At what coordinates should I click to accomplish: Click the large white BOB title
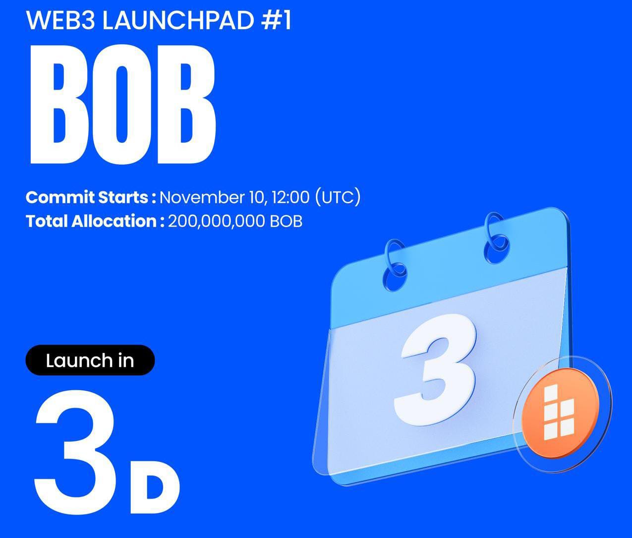[123, 105]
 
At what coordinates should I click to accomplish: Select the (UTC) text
[338, 197]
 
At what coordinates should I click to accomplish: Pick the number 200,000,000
[216, 221]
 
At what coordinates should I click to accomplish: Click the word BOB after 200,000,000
[286, 221]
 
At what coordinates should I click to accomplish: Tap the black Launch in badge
[90, 360]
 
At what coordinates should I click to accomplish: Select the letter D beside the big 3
[154, 488]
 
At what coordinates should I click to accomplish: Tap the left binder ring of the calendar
[396, 265]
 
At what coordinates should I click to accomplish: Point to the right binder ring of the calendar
[496, 238]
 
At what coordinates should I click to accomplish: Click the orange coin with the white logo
[561, 413]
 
